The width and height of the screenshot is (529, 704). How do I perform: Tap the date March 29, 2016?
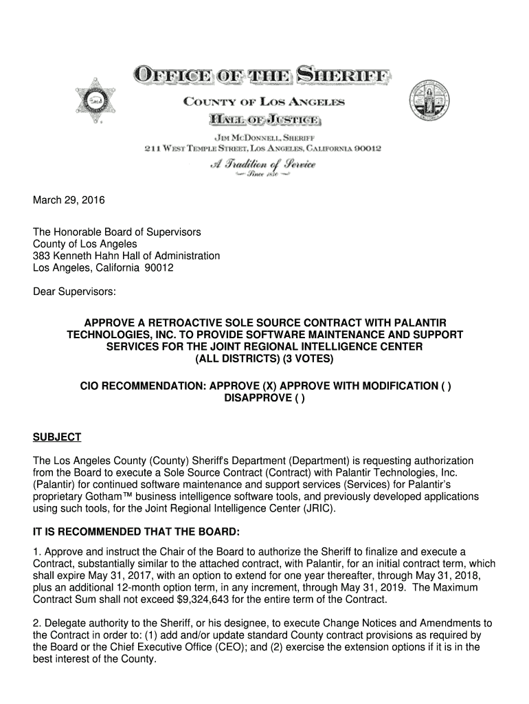tap(69, 201)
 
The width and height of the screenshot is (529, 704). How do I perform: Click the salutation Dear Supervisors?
tap(75, 292)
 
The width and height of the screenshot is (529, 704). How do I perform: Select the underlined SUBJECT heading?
tap(57, 437)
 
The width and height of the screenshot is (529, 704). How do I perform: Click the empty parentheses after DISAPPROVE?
tap(300, 398)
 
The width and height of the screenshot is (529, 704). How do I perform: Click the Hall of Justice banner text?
tap(264, 120)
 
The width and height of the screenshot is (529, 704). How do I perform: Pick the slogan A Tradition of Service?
tap(263, 165)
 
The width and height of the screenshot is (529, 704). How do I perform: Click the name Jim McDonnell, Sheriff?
tap(264, 137)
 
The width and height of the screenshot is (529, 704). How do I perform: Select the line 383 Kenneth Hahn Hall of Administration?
tap(127, 256)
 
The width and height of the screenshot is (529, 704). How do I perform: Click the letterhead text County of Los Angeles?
tap(264, 102)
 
